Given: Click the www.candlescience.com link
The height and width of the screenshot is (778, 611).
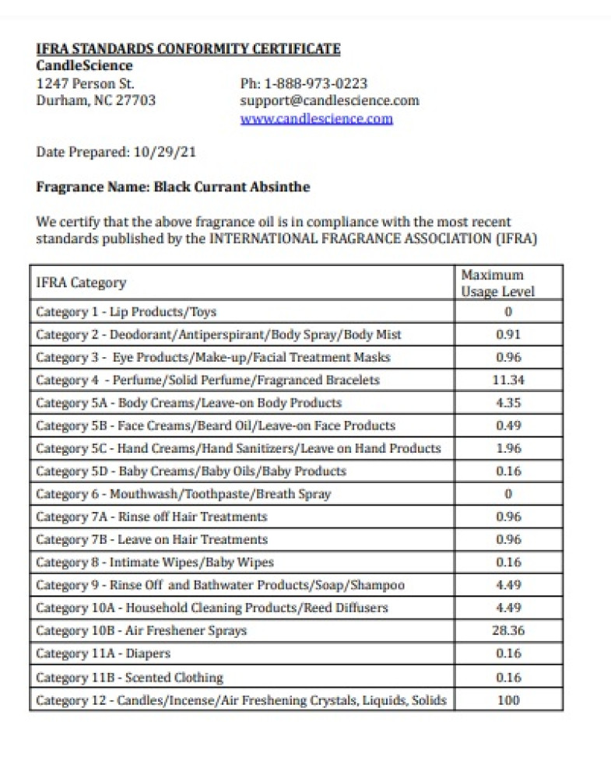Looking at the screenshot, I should (316, 118).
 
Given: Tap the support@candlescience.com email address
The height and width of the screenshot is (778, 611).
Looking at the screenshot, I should (329, 100).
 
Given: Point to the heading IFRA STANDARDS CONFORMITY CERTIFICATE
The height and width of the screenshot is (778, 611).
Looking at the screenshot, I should (188, 49).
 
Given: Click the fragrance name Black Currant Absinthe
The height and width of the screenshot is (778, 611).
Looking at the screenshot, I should (232, 187).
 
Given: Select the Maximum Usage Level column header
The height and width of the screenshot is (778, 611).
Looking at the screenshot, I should (497, 283).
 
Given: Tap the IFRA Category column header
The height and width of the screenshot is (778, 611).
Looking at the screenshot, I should (81, 283).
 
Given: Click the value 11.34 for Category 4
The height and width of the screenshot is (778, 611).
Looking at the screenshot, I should (507, 380).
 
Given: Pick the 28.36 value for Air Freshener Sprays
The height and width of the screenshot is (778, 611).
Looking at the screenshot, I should (507, 630).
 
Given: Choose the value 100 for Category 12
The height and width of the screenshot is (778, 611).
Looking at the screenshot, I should (507, 700).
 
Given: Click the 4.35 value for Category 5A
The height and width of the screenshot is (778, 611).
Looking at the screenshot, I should (507, 403).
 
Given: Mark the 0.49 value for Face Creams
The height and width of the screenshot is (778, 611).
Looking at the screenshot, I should (507, 426).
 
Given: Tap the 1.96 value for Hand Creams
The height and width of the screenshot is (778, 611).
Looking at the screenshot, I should (507, 448).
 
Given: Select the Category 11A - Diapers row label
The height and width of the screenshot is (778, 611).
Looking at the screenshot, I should (104, 654).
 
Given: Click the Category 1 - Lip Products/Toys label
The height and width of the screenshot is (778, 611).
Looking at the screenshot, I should (126, 312).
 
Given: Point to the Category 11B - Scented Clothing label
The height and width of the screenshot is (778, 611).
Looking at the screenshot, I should (129, 678).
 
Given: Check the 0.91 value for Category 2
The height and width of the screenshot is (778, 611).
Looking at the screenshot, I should (507, 335).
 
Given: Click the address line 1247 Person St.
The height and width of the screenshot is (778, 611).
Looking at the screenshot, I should (86, 83).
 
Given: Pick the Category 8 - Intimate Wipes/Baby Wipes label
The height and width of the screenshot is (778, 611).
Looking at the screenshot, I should (155, 562).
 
